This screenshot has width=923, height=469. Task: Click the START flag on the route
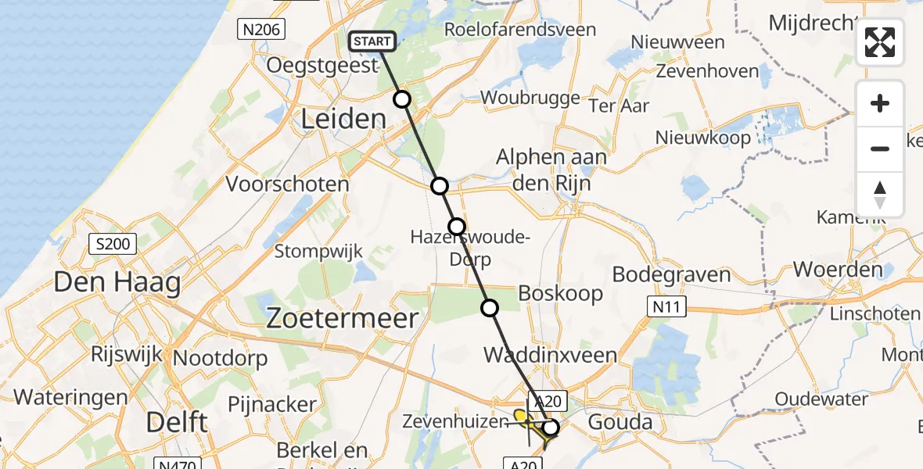click(372, 41)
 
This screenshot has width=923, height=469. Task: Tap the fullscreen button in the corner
click(880, 42)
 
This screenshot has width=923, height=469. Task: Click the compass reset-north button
click(880, 195)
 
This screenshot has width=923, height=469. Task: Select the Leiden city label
click(344, 120)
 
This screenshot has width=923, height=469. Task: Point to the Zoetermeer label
click(343, 318)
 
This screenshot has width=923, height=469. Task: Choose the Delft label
click(178, 423)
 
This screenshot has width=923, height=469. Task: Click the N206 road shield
click(261, 30)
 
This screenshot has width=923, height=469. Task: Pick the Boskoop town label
click(561, 294)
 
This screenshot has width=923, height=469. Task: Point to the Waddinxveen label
click(550, 356)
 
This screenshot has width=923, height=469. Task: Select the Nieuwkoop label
click(703, 138)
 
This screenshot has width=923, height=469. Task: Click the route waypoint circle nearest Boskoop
click(490, 308)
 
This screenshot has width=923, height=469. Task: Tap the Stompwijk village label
click(318, 252)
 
